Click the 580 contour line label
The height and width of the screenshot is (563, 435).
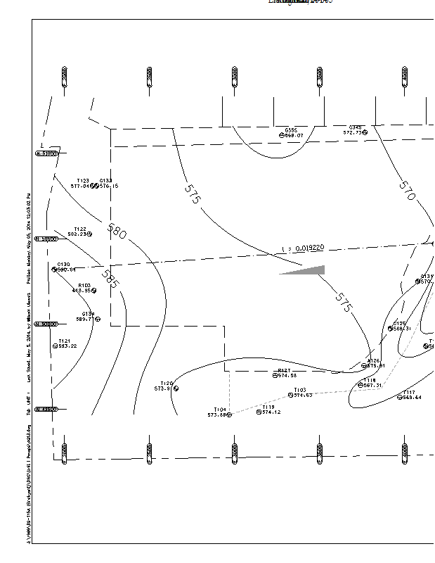pos(117,231)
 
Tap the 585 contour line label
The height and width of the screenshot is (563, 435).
pos(110,279)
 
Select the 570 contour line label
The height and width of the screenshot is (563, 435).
pos(408,191)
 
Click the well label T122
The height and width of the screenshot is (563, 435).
pos(80,229)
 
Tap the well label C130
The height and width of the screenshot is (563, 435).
pos(63,265)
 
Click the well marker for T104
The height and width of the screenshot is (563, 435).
pos(230,415)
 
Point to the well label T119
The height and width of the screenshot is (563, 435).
pos(268,407)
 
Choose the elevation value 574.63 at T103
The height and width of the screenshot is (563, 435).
pos(303,396)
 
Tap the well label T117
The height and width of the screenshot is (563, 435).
pos(409,393)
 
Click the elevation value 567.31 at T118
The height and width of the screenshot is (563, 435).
pos(372,386)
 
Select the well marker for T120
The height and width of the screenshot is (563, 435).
pos(176,388)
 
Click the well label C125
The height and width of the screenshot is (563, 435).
pos(400,324)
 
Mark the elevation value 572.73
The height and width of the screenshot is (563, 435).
pos(352,132)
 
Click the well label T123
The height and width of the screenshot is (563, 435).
pos(83,181)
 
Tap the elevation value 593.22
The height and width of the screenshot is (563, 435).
pos(68,346)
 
